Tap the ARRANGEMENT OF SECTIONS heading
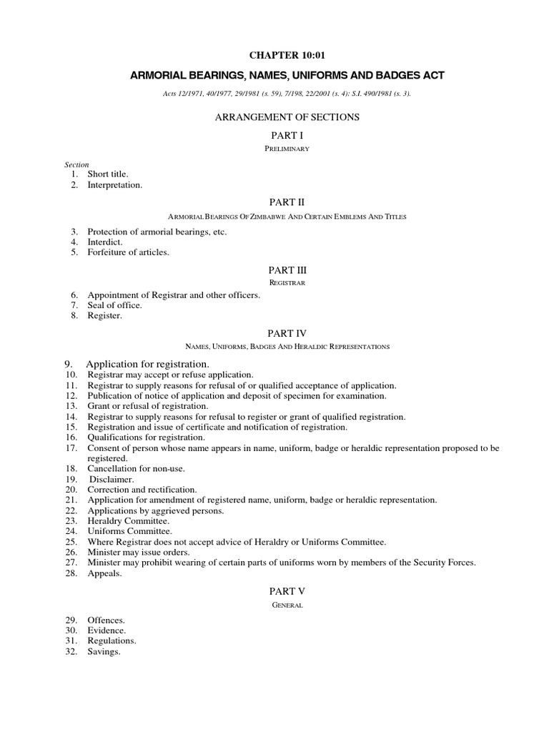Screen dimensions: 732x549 click(287, 117)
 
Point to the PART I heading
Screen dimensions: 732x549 click(287, 134)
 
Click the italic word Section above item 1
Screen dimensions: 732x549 click(76, 164)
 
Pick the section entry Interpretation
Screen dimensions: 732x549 click(114, 184)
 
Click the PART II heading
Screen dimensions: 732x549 click(287, 203)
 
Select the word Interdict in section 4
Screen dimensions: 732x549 click(105, 242)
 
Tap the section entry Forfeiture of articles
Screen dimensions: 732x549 click(128, 252)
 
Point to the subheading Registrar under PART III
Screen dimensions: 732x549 click(287, 283)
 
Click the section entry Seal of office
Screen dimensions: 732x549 click(114, 305)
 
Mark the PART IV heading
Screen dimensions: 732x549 click(287, 334)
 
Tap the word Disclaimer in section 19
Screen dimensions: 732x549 click(112, 479)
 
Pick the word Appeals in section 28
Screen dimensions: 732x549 click(104, 573)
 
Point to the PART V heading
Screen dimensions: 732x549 click(287, 592)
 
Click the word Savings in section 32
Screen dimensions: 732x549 click(104, 651)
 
